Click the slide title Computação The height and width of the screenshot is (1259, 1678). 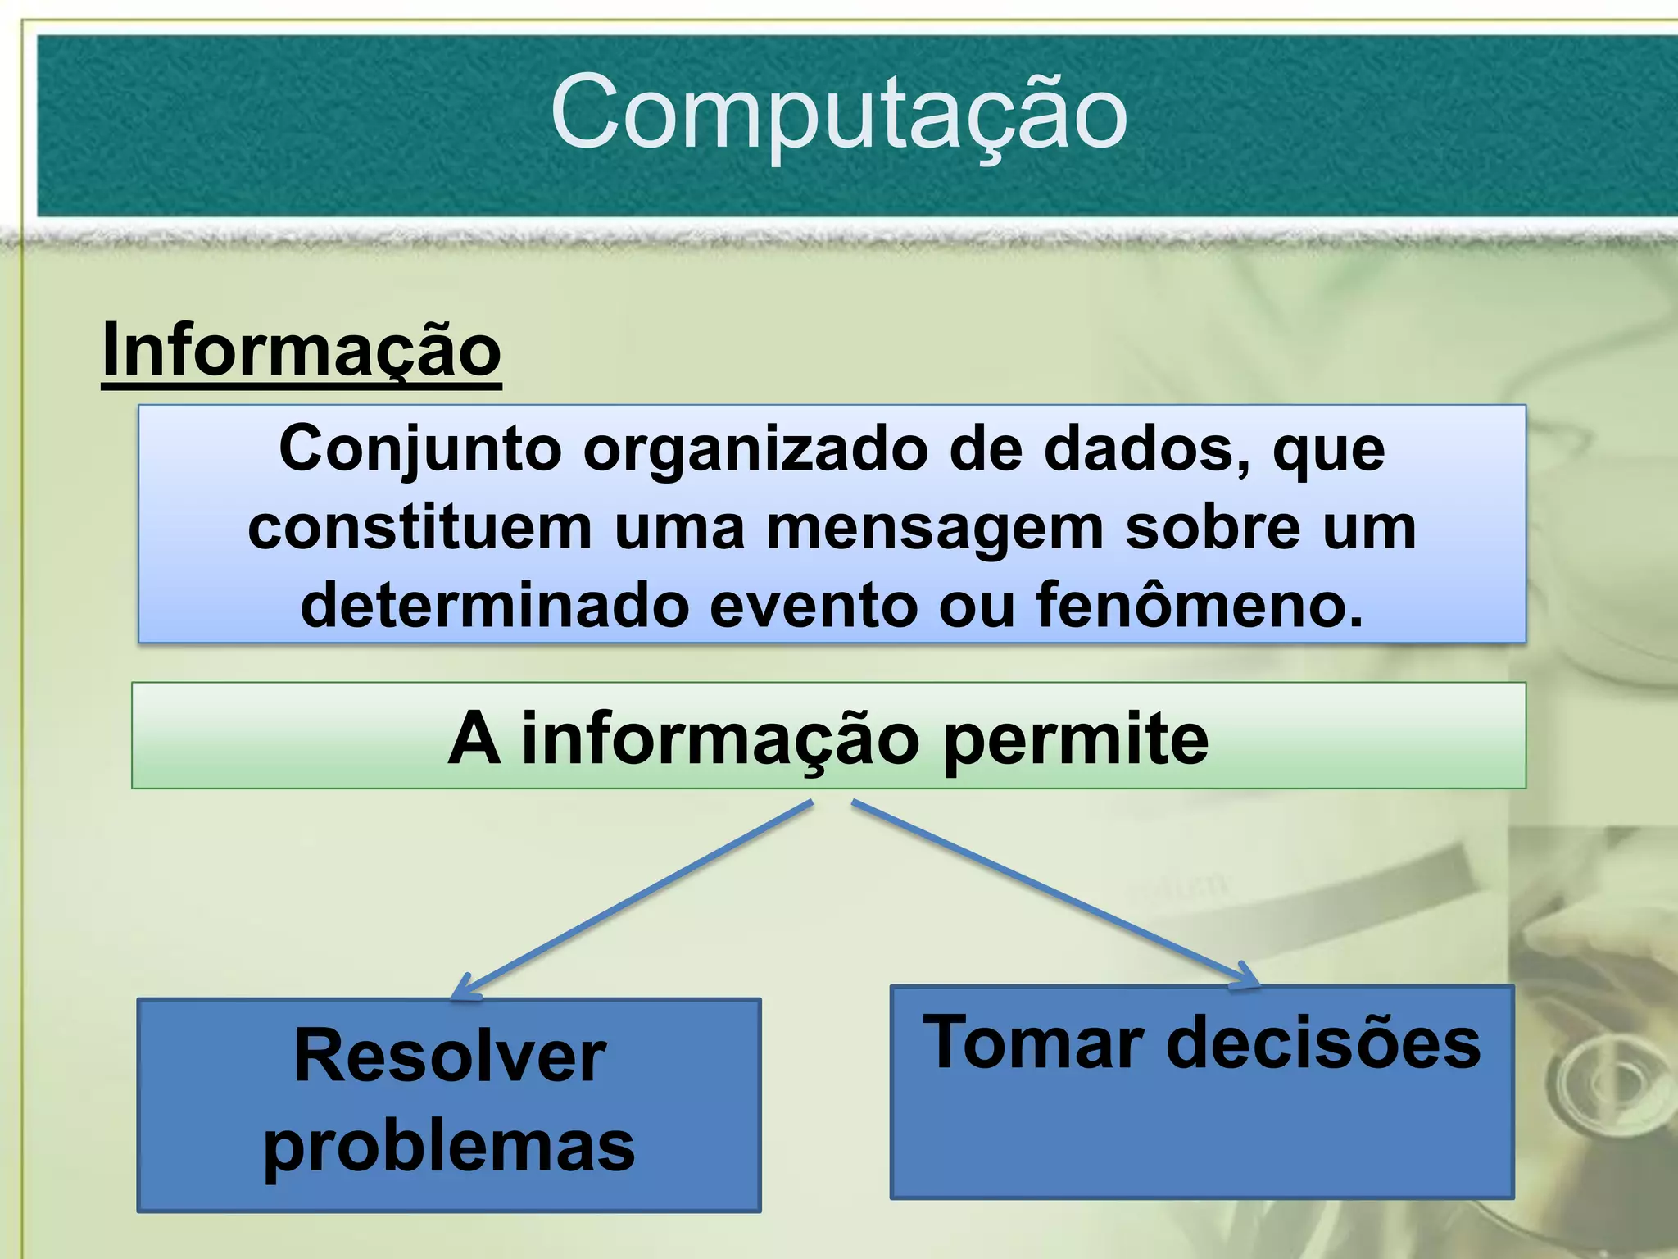[x=839, y=113]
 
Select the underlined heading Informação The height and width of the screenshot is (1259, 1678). [x=302, y=350]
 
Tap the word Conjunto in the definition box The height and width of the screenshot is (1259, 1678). [x=420, y=450]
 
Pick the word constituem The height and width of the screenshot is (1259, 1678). [x=419, y=528]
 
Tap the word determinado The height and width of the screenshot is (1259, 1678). [x=494, y=605]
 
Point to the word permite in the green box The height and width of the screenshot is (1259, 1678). [x=1075, y=739]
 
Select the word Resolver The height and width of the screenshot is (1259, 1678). [x=450, y=1056]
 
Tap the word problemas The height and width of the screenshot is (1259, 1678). [x=449, y=1146]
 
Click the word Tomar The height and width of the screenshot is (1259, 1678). [x=1033, y=1043]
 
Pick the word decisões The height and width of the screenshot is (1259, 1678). [x=1324, y=1043]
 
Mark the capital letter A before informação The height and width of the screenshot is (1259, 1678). [x=474, y=739]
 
